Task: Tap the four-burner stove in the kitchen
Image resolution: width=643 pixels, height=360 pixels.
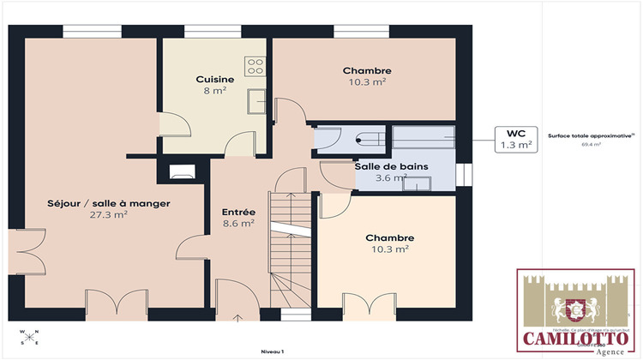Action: (255, 63)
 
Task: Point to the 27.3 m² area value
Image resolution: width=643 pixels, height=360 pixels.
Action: (108, 215)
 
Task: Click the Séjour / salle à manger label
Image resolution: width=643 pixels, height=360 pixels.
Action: (108, 204)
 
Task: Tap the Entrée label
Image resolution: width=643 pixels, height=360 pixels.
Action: (237, 212)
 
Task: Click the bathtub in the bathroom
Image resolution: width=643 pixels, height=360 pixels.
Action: (423, 137)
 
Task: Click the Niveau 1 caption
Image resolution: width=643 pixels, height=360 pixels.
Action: (273, 351)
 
